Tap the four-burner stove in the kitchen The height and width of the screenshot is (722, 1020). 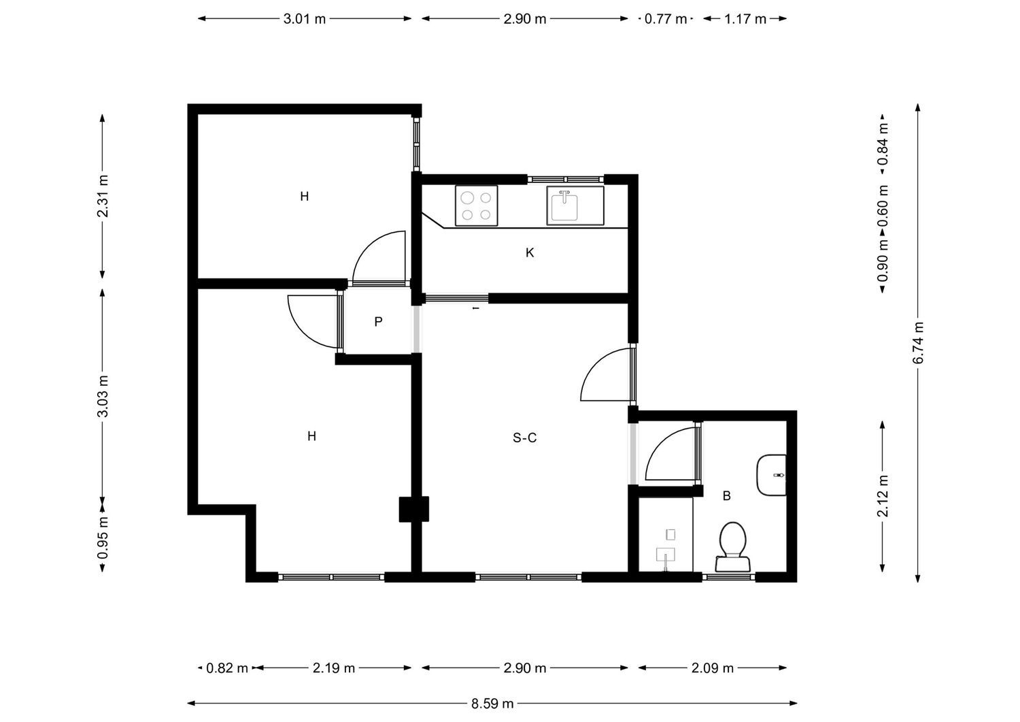click(476, 206)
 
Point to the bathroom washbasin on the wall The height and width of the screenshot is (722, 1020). click(771, 475)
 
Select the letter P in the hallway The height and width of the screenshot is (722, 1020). click(378, 322)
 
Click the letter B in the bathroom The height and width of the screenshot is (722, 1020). click(727, 495)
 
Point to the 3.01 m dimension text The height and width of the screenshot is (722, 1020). click(305, 18)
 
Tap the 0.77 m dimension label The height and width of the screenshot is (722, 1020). click(665, 18)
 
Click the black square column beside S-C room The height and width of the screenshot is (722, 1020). click(414, 509)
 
